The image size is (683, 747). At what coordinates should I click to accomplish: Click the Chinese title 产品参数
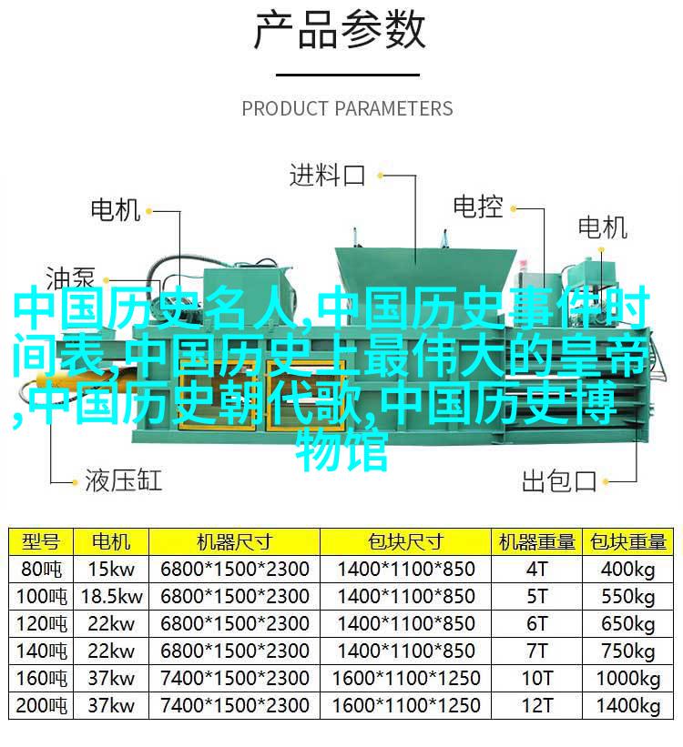340,31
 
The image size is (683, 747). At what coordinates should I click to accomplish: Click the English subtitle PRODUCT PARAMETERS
347,108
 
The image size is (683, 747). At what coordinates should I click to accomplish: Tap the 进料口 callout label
327,175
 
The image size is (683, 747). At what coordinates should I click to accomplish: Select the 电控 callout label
478,207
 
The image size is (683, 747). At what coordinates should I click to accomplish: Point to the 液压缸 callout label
124,480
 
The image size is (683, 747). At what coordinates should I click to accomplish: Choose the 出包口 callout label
559,480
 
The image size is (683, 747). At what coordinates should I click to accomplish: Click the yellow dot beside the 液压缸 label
75,482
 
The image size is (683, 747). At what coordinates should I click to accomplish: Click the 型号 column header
41,541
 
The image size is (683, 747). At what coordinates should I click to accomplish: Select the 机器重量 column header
537,541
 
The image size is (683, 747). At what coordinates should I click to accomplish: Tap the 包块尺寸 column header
405,541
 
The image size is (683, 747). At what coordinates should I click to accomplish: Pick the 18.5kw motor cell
111,596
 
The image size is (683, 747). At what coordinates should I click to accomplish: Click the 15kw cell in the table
111,569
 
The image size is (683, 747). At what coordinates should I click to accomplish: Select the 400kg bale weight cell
627,570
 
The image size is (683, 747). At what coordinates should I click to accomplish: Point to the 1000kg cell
627,679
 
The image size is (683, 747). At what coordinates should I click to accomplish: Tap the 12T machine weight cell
537,705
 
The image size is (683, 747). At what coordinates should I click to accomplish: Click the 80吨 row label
41,569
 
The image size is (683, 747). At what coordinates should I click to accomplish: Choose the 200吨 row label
41,705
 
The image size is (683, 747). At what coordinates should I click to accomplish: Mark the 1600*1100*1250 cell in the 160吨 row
406,679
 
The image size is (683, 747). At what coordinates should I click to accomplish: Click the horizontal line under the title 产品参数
348,75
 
